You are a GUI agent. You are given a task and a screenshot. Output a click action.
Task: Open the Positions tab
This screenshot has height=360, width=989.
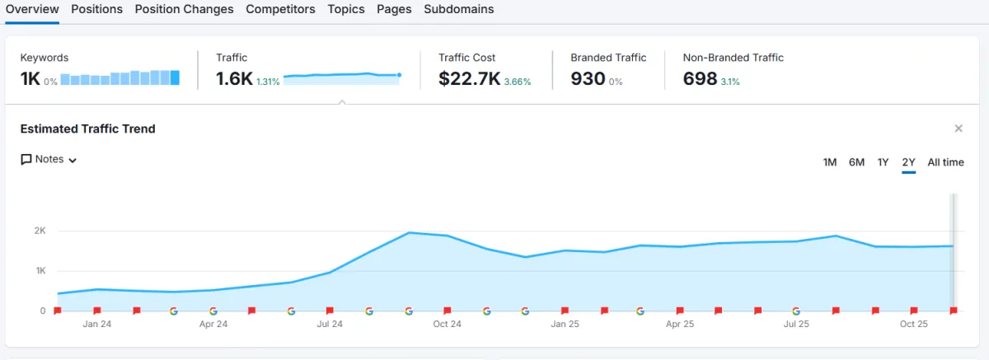pyautogui.click(x=96, y=9)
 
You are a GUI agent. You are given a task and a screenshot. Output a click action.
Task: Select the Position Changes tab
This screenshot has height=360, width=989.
pyautogui.click(x=184, y=9)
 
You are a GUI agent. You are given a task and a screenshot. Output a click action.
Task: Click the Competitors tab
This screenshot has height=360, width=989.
pyautogui.click(x=280, y=9)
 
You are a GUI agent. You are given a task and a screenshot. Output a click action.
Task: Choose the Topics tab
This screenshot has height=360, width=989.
pyautogui.click(x=346, y=9)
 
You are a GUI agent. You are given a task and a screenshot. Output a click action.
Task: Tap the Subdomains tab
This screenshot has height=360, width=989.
pyautogui.click(x=459, y=9)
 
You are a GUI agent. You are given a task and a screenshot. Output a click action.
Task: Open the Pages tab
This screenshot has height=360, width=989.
pyautogui.click(x=394, y=9)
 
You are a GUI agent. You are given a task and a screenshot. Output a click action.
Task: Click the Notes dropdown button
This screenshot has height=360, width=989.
pyautogui.click(x=49, y=160)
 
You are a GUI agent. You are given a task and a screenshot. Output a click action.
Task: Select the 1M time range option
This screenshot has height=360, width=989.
pyautogui.click(x=830, y=162)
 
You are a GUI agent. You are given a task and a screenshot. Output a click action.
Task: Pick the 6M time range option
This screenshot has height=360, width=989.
pyautogui.click(x=856, y=162)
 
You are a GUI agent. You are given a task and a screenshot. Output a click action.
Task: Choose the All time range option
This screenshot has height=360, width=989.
pyautogui.click(x=945, y=162)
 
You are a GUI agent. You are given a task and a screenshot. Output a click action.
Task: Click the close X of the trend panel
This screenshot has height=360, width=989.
pyautogui.click(x=959, y=129)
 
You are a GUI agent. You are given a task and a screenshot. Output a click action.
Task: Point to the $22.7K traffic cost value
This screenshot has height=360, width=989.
pyautogui.click(x=469, y=79)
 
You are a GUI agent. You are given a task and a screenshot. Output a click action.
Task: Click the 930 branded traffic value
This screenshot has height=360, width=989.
pyautogui.click(x=588, y=79)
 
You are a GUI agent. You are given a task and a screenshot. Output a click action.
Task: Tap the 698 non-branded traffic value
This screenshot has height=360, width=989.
pyautogui.click(x=700, y=79)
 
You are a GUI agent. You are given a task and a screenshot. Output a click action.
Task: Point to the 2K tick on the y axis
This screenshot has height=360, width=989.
pyautogui.click(x=40, y=231)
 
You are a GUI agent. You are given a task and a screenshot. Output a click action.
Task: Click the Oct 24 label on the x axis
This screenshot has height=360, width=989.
pyautogui.click(x=447, y=325)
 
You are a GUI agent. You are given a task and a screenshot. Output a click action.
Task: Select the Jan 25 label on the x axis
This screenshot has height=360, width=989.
pyautogui.click(x=565, y=325)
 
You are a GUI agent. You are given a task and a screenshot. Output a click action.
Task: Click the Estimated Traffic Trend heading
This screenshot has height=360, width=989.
pyautogui.click(x=87, y=129)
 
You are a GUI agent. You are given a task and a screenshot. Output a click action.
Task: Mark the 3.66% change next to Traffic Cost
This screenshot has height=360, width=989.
pyautogui.click(x=518, y=82)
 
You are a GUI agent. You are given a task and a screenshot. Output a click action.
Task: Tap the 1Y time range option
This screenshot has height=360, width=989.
pyautogui.click(x=883, y=162)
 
